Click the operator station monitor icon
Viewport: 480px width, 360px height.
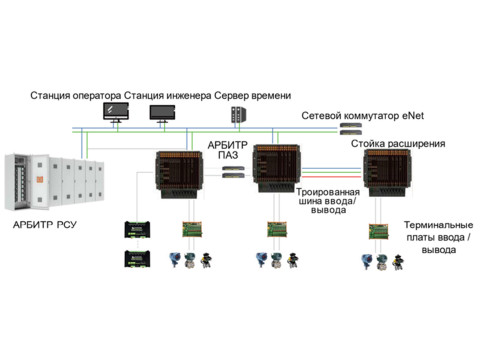tap(116, 112)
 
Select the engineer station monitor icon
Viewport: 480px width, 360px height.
tap(162, 113)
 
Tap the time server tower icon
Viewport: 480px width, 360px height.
tap(238, 114)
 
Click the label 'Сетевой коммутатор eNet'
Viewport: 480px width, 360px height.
tap(363, 116)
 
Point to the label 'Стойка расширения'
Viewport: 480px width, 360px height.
tap(398, 144)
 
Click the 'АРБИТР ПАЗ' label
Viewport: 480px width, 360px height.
tap(228, 150)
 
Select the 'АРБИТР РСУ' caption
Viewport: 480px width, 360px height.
tap(45, 225)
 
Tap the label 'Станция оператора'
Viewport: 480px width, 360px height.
tap(76, 96)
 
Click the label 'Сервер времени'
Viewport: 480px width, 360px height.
tap(253, 96)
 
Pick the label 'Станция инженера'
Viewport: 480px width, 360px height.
tap(168, 96)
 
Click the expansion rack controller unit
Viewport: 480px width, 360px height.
tap(387, 173)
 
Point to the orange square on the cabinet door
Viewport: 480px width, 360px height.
tap(40, 179)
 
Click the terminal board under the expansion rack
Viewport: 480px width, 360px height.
tap(379, 232)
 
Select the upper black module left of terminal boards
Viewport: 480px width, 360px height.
tap(137, 229)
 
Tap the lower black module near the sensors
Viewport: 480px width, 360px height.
tap(137, 259)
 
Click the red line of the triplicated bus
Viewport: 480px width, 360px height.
tap(331, 177)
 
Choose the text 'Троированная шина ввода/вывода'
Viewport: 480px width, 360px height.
tap(328, 201)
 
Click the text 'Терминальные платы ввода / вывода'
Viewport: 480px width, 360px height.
tap(438, 237)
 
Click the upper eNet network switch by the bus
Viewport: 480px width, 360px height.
tap(351, 125)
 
